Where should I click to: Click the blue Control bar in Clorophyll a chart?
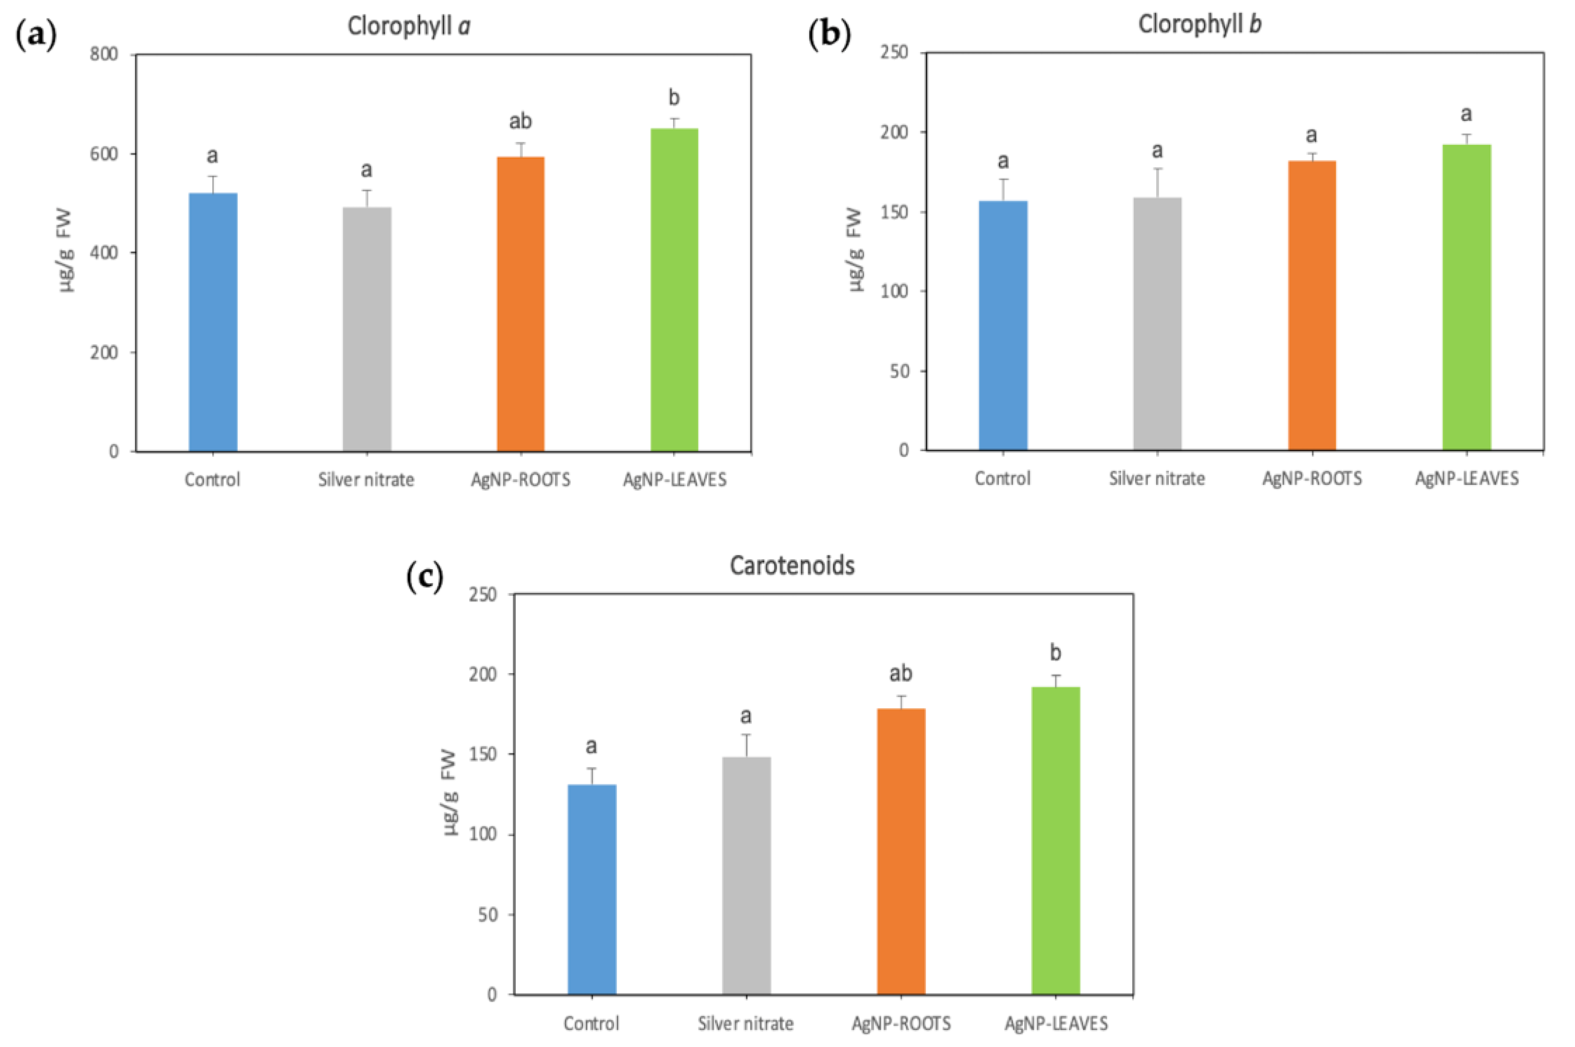tap(213, 322)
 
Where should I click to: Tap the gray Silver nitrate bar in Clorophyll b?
tap(1157, 324)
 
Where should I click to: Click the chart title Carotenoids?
tap(792, 565)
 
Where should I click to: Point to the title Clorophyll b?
tap(1199, 25)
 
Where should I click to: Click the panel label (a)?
tap(36, 35)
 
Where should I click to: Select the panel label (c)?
tap(425, 576)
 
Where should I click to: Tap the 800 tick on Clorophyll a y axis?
tap(104, 54)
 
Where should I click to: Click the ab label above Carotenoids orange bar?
tap(901, 673)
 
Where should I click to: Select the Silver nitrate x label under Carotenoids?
tap(746, 1023)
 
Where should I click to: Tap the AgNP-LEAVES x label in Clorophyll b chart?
tap(1467, 478)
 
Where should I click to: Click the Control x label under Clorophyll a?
tap(212, 479)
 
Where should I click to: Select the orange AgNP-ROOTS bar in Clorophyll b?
tap(1311, 305)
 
